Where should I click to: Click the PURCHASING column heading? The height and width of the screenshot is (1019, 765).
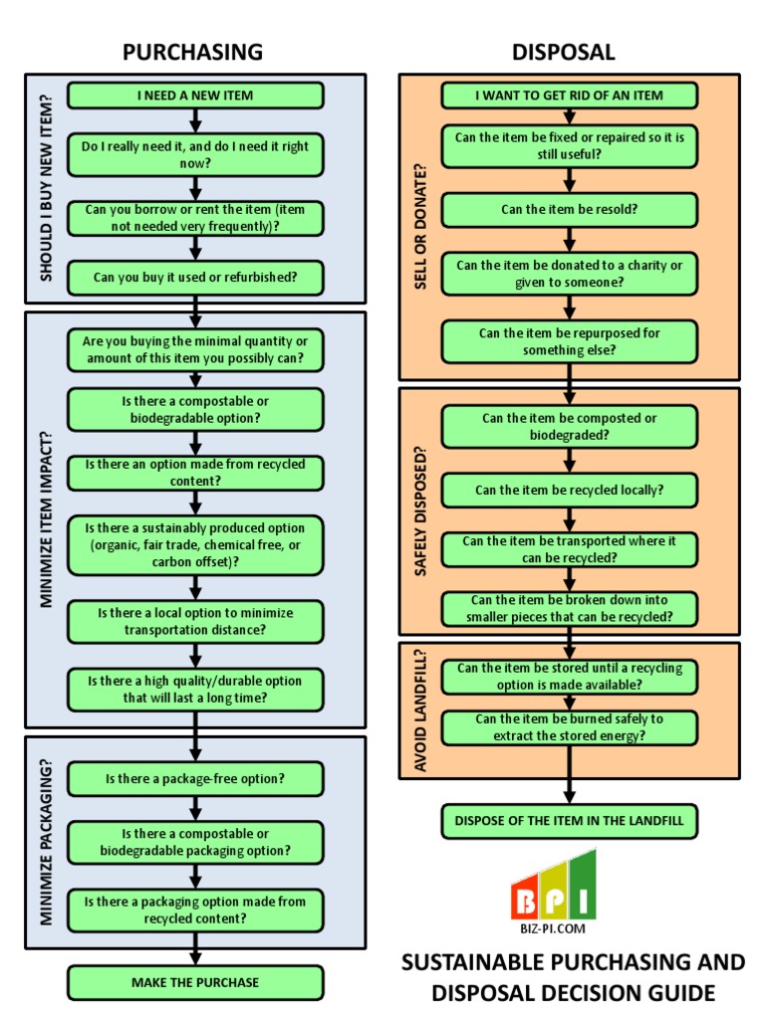193,52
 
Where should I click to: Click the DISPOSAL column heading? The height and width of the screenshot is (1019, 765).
563,52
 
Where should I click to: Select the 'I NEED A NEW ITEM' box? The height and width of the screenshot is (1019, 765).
195,96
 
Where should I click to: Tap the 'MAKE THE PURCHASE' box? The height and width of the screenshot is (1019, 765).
195,982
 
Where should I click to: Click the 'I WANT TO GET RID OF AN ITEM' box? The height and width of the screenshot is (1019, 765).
569,96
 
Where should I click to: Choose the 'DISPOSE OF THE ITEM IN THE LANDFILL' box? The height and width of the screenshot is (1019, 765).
569,821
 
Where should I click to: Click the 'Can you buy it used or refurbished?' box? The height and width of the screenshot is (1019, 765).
195,277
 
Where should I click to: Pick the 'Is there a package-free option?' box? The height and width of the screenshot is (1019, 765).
195,778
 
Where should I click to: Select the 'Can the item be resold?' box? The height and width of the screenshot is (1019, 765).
569,210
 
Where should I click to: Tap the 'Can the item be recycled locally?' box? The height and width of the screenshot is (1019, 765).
569,490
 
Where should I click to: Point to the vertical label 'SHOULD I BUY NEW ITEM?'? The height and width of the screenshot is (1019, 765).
46,189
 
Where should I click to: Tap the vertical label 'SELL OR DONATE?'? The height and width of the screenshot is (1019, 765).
419,227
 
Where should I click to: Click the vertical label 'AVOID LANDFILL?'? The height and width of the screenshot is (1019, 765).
419,711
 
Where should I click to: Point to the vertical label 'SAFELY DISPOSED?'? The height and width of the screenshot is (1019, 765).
419,510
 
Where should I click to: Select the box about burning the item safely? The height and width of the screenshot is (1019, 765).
569,726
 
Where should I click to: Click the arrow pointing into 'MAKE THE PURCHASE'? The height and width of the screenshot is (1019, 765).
195,955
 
